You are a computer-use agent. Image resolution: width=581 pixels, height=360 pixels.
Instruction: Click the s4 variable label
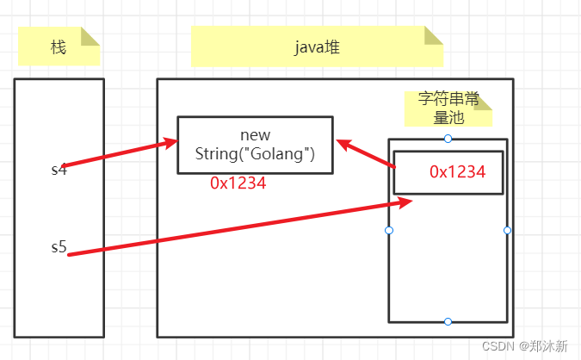(x=59, y=169)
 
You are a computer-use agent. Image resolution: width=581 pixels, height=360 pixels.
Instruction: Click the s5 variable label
(x=59, y=248)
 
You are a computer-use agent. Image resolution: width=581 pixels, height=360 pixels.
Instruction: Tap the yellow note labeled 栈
(x=59, y=47)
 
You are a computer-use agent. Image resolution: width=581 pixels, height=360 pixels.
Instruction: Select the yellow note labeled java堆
(x=316, y=47)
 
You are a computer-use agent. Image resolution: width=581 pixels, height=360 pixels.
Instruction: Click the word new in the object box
(x=255, y=135)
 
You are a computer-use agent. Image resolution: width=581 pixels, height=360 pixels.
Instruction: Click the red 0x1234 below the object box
(x=238, y=183)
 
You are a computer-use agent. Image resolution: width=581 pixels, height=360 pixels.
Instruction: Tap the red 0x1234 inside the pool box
(x=458, y=171)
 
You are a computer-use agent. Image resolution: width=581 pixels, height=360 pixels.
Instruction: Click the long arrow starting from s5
(x=232, y=228)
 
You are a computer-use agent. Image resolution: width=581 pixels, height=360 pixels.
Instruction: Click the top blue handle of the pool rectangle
(x=448, y=139)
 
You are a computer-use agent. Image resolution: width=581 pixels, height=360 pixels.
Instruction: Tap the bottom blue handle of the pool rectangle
(x=448, y=321)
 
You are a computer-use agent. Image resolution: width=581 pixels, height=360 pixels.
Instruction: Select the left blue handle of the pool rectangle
(x=389, y=230)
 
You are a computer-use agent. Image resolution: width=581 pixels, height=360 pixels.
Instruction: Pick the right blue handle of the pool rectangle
(x=507, y=230)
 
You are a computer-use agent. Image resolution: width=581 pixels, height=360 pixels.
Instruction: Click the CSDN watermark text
(x=524, y=345)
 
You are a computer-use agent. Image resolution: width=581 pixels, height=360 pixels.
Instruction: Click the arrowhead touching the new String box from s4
(x=170, y=143)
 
